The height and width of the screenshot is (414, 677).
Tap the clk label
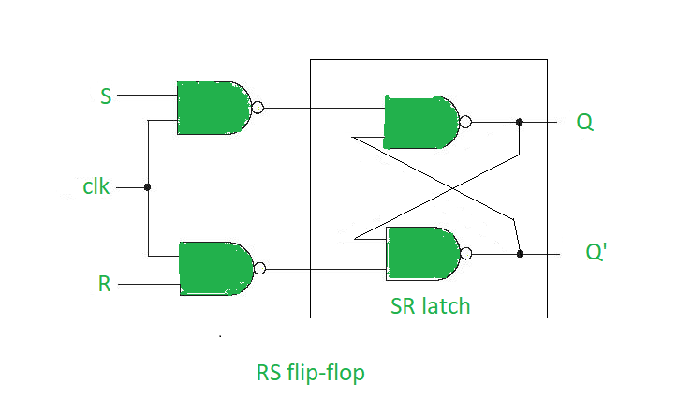point(96,187)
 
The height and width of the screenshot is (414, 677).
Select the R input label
point(104,284)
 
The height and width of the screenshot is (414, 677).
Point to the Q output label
point(584,122)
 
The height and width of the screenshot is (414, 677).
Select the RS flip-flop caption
point(310,373)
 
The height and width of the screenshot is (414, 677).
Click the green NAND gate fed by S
point(213,108)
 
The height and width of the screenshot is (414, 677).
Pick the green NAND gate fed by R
point(214,269)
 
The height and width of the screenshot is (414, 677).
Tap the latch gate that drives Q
point(421,122)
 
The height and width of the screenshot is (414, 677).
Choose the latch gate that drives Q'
point(423,253)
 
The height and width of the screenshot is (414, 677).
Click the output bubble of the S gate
point(258,108)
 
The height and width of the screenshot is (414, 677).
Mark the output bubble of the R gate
point(259,269)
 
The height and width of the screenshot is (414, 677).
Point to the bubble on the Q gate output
point(465,122)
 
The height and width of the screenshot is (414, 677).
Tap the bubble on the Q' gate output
point(467,253)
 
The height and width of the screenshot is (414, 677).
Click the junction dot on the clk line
point(148,187)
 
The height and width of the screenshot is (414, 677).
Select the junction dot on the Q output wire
point(520,122)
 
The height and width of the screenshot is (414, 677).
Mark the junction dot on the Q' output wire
point(520,253)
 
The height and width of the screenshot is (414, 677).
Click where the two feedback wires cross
point(452,187)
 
